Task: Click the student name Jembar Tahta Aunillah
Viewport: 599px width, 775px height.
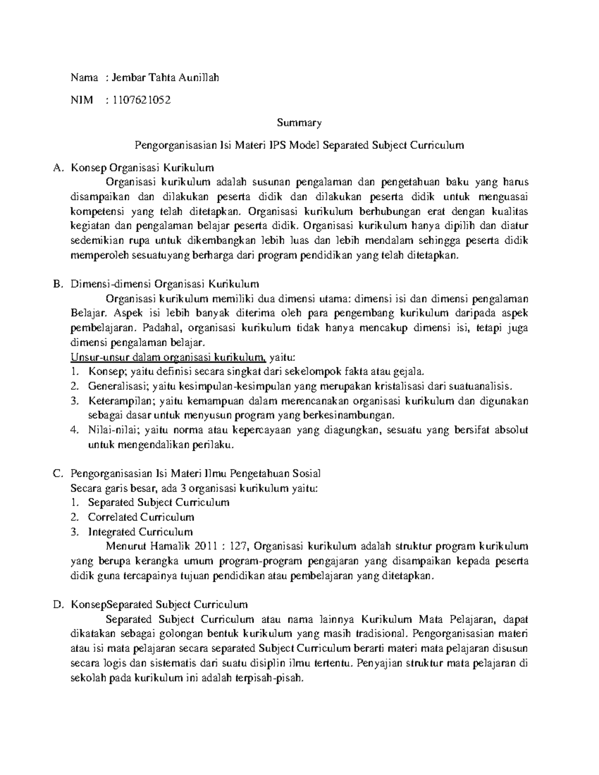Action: click(x=165, y=77)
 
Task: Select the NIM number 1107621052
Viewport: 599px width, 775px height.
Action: click(x=142, y=100)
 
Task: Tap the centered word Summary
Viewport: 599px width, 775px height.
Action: click(x=299, y=123)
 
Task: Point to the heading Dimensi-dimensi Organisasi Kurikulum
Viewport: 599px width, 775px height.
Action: click(x=165, y=284)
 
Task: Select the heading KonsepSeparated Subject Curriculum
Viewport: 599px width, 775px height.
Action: click(x=159, y=605)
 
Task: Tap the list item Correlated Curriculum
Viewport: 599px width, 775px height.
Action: click(x=141, y=517)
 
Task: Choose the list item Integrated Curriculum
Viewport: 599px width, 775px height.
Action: click(x=140, y=531)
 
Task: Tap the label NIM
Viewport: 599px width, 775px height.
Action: click(x=82, y=100)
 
